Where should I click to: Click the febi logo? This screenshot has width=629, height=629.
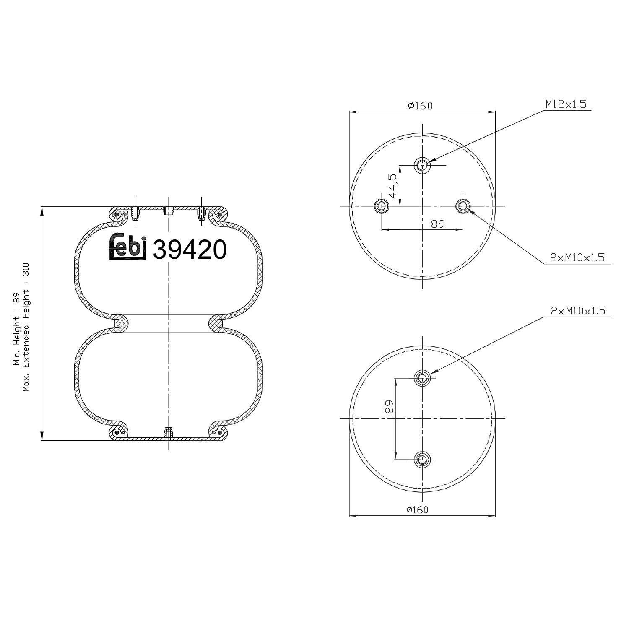(127, 247)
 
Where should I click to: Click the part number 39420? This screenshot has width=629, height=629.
(190, 250)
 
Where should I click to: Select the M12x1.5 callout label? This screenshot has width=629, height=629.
(566, 104)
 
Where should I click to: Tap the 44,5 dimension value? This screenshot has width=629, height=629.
(392, 186)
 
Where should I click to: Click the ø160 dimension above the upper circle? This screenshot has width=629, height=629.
(420, 105)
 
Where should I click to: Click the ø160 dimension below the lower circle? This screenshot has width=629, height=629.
(417, 509)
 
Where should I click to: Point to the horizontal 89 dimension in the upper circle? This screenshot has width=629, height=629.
(437, 224)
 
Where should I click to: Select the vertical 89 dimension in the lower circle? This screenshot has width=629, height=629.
(389, 407)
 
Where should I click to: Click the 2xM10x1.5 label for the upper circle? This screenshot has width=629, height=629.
(577, 257)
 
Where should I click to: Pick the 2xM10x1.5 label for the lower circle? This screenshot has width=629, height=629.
(578, 311)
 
